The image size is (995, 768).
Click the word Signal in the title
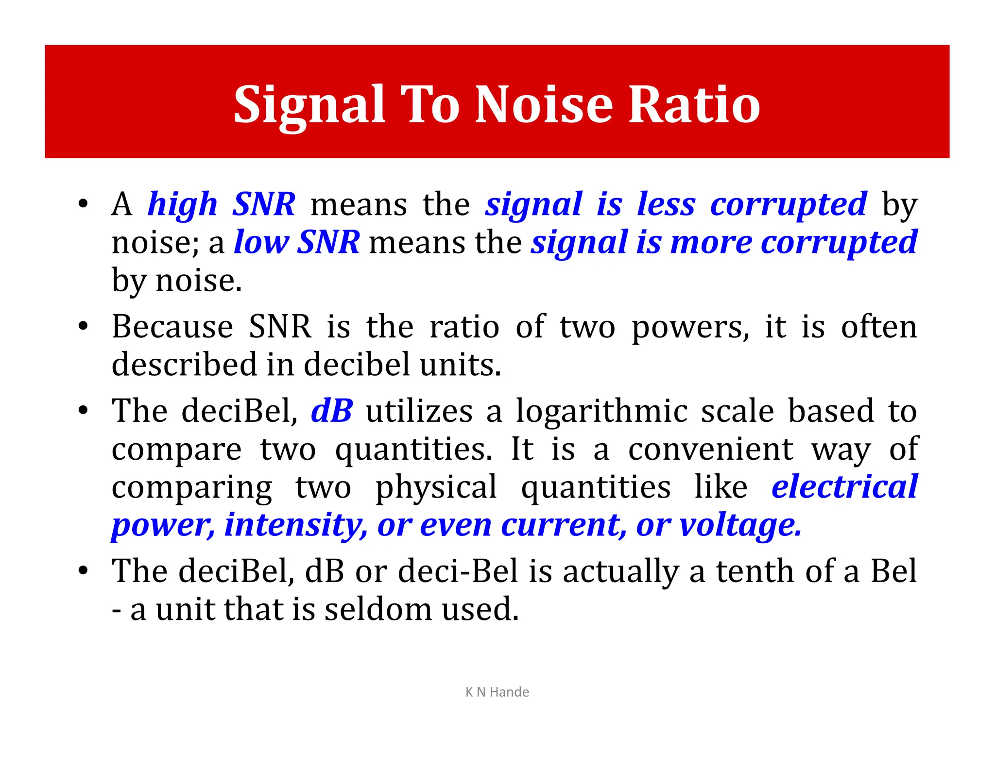pos(309,105)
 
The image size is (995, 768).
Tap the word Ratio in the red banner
pos(694,105)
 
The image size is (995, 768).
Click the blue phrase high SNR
pos(221,204)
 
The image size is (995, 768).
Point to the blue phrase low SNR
pos(296,242)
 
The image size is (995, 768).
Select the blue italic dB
pos(331,411)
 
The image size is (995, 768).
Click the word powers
pos(690,327)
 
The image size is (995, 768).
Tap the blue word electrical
pos(844,486)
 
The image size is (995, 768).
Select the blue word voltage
pos(739,525)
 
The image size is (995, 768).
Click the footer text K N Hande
pos(497,692)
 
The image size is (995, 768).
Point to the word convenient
pos(711,449)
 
